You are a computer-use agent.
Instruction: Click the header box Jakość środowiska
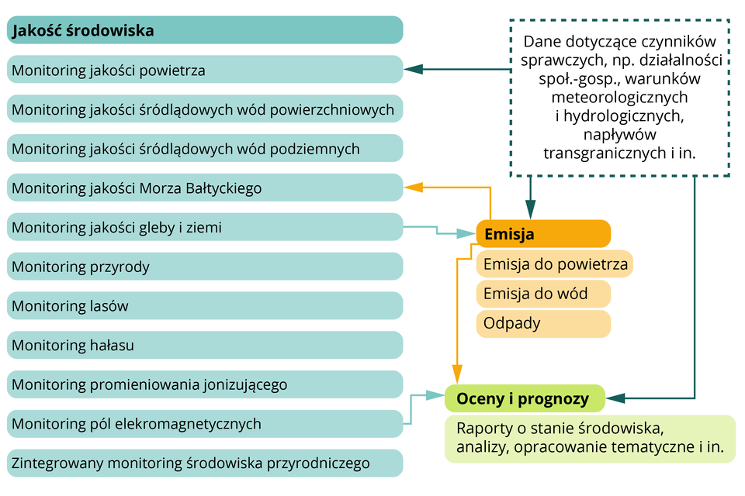[x=205, y=30]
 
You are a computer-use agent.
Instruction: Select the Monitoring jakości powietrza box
[x=205, y=70]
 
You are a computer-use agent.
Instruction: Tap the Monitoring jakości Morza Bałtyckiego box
[x=205, y=188]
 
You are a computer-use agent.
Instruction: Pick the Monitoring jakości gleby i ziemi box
[x=205, y=227]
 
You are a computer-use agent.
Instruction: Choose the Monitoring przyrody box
[x=205, y=267]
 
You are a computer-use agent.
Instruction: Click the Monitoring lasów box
[x=205, y=306]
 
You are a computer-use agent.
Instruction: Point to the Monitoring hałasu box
[x=205, y=345]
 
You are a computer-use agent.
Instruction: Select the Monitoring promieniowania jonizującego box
[x=205, y=384]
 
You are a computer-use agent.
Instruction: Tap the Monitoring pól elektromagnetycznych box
[x=205, y=424]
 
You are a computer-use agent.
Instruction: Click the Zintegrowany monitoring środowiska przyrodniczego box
[x=205, y=463]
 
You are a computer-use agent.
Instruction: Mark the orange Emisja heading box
[x=543, y=233]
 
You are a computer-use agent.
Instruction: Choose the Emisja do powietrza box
[x=555, y=264]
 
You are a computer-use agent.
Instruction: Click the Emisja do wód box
[x=543, y=294]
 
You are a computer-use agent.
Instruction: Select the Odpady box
[x=543, y=323]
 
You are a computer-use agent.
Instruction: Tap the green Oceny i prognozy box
[x=524, y=398]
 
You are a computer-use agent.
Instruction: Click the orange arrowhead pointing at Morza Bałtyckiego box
[x=412, y=187]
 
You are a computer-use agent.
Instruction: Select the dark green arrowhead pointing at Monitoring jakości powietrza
[x=412, y=70]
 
